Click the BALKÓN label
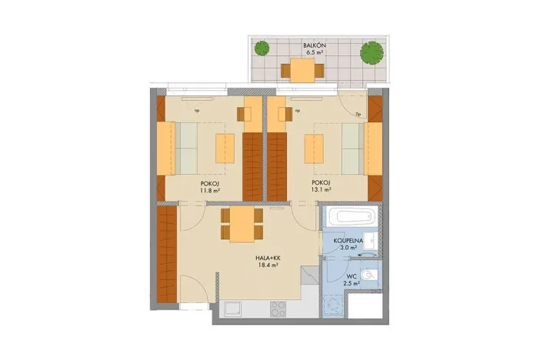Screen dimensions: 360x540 315,47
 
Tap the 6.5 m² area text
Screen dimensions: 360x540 315,55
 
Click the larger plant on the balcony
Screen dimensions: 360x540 372,52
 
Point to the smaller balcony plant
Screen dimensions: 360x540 263,48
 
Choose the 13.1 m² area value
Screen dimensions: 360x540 321,189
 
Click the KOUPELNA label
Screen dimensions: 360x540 348,240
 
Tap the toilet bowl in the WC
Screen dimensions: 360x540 370,275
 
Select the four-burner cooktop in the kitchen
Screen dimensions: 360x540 278,308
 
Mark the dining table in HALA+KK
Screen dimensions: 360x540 242,224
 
